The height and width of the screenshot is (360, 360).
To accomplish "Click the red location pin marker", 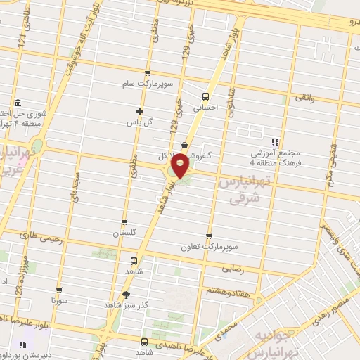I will [x=181, y=165].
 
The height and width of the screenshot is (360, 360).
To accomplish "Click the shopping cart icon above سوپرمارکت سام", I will [x=147, y=73].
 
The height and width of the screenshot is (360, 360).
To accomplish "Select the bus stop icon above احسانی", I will [x=206, y=97].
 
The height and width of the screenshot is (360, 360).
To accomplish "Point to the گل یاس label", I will [x=139, y=122].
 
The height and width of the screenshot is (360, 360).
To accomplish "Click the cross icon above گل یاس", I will [x=139, y=111].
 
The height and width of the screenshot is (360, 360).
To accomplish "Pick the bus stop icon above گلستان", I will [x=125, y=221].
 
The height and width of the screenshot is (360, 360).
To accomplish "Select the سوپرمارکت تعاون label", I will [x=209, y=247].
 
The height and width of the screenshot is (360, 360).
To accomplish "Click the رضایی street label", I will [x=233, y=269].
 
